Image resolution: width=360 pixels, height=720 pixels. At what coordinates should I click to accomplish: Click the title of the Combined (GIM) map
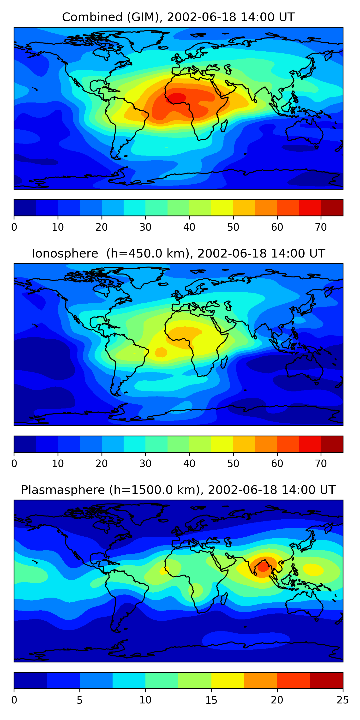tap(178, 17)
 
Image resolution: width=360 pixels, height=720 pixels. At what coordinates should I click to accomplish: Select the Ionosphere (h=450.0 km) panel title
tap(178, 254)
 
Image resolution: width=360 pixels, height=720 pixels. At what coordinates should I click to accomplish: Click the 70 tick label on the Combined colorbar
tap(321, 227)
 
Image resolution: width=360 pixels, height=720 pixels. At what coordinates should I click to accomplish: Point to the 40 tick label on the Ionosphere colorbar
tap(189, 464)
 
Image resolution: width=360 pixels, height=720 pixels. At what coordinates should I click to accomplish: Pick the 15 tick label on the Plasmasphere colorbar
tap(211, 700)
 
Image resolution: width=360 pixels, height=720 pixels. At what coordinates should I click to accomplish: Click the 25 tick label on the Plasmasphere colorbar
tap(343, 700)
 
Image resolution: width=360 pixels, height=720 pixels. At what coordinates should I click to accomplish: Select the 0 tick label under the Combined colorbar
tap(14, 227)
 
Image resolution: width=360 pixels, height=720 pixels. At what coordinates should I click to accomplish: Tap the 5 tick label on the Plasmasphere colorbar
tap(80, 700)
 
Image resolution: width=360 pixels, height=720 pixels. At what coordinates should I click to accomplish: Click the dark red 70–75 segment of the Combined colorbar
tap(332, 208)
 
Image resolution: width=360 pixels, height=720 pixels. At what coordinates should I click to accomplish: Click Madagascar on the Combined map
tap(224, 126)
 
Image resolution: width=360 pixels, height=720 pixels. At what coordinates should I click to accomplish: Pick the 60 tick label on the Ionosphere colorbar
tap(277, 464)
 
